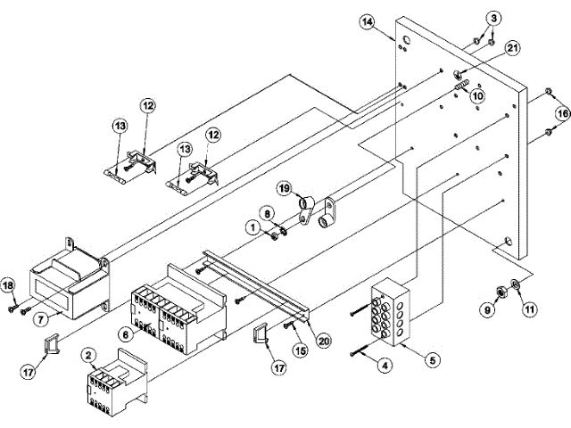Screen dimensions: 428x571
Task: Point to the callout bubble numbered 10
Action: [x=477, y=95]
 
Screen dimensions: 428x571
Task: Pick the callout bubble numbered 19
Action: [x=283, y=189]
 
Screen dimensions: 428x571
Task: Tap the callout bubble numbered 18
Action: [x=10, y=284]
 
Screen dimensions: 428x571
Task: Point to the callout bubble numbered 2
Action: [x=87, y=354]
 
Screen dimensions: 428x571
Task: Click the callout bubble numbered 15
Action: [x=300, y=351]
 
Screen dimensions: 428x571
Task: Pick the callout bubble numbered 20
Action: [x=324, y=339]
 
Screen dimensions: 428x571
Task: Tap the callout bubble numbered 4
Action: [x=385, y=364]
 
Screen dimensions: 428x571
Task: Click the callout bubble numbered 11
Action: [x=530, y=309]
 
